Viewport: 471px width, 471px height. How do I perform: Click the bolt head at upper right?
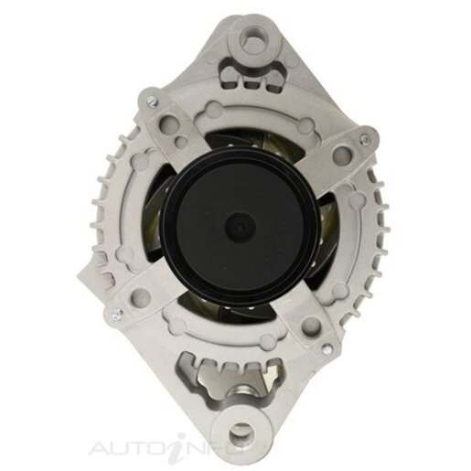(x=365, y=139)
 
